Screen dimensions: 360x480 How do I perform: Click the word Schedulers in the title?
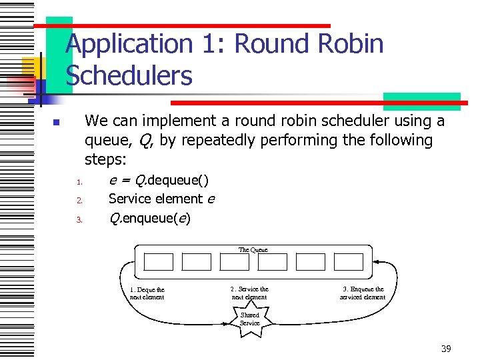[129, 76]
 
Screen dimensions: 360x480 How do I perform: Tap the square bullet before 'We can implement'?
[57, 123]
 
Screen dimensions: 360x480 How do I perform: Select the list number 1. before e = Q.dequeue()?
[78, 182]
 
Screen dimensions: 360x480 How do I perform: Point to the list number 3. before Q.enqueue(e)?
[78, 219]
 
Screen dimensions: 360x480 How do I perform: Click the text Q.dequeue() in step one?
[171, 180]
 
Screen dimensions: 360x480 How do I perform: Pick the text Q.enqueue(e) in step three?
[149, 217]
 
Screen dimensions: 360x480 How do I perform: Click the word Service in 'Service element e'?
[135, 199]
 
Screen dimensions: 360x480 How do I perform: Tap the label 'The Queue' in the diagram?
[253, 249]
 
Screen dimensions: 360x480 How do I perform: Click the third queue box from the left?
[235, 262]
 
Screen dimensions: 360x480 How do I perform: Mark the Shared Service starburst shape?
[250, 319]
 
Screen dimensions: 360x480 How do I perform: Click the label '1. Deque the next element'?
[147, 293]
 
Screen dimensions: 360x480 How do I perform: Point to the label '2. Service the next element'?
[249, 293]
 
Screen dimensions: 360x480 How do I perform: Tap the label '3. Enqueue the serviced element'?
[363, 293]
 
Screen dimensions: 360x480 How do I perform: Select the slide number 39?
[446, 349]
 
